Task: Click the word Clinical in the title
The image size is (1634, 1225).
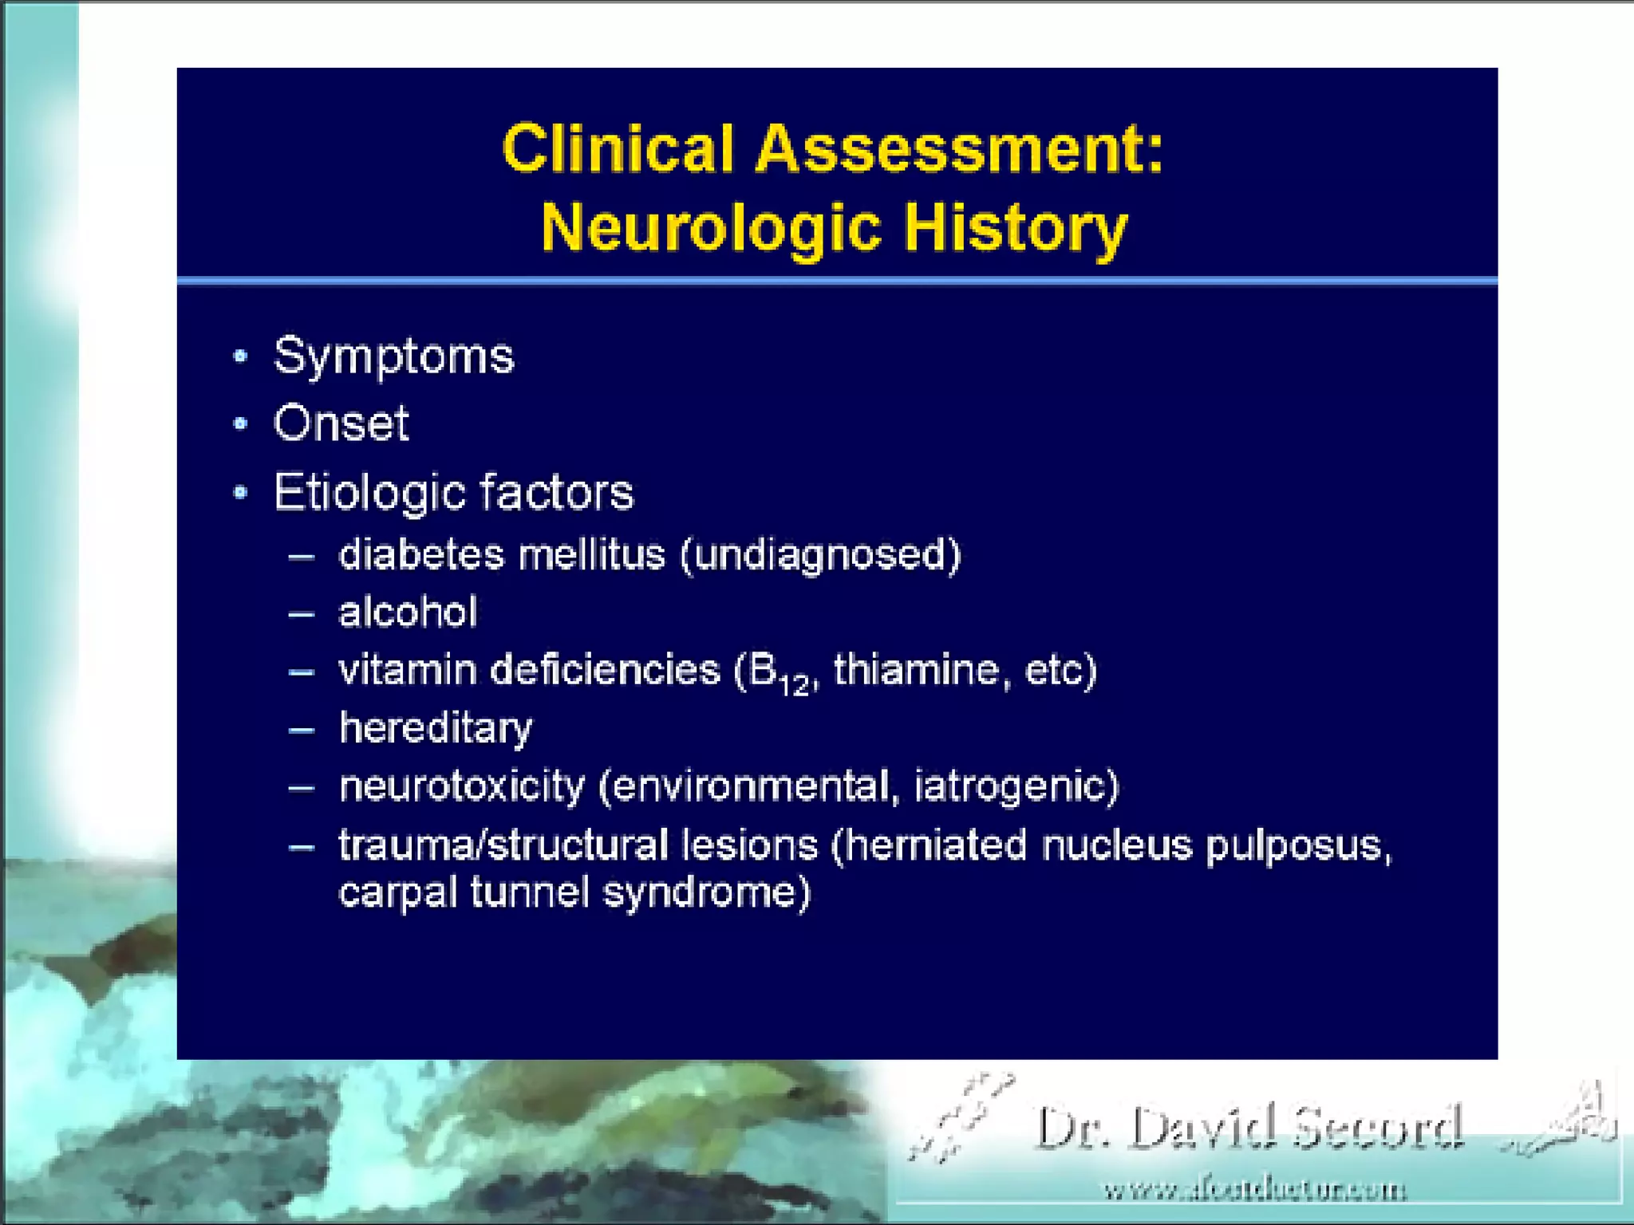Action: [x=618, y=149]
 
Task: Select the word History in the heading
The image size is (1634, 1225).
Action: [x=1015, y=228]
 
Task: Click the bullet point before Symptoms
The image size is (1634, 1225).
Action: [x=240, y=356]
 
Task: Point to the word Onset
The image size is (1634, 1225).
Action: [x=341, y=423]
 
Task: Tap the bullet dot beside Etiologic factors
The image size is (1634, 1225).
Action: [x=240, y=492]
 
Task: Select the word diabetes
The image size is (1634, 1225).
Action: [x=422, y=554]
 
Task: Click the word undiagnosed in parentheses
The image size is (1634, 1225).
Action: [x=820, y=556]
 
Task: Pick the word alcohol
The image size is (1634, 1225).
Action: [x=408, y=612]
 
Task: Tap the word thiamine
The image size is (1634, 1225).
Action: [x=916, y=670]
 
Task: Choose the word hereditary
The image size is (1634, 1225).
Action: [x=436, y=728]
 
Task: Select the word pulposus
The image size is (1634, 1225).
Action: [x=1297, y=846]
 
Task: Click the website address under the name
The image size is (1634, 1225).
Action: [x=1255, y=1191]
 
